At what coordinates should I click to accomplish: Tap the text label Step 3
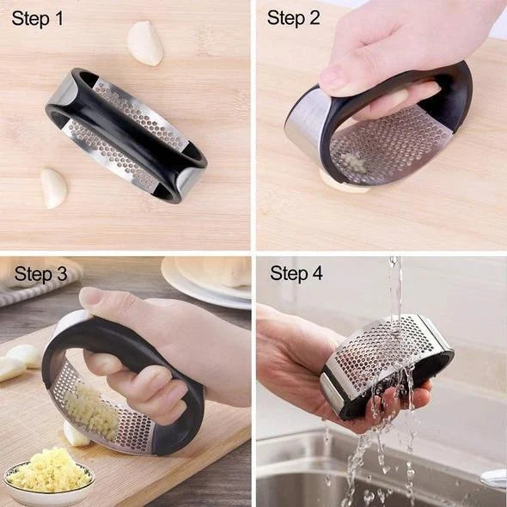pyautogui.click(x=41, y=274)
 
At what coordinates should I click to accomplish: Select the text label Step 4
pyautogui.click(x=296, y=274)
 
